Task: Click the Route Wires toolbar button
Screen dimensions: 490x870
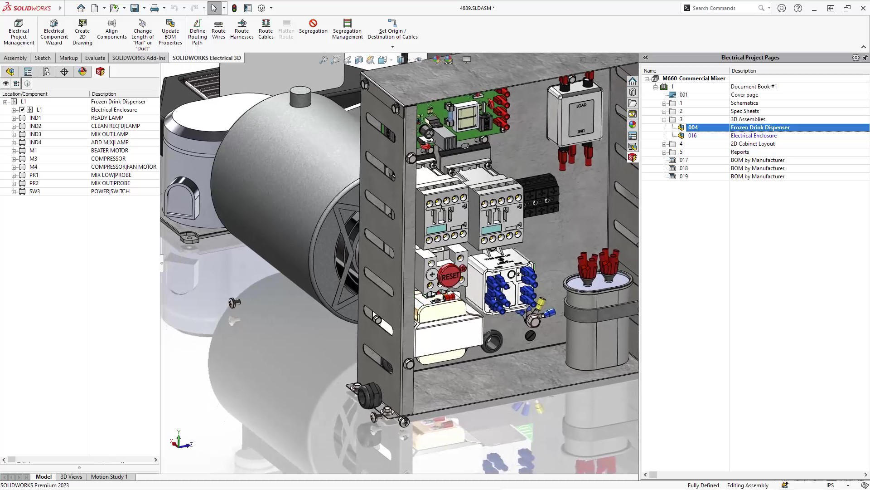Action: point(218,29)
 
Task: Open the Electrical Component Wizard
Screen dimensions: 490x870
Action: point(54,32)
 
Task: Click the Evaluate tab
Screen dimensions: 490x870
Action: point(95,58)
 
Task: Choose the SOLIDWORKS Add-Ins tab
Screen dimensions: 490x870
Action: point(139,58)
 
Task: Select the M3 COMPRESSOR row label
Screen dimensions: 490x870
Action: point(33,159)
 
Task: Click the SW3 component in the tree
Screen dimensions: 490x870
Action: point(34,191)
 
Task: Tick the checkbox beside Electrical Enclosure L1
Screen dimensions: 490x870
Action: point(22,110)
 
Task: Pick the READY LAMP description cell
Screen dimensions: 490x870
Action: point(107,118)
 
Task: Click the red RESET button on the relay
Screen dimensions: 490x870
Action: point(449,276)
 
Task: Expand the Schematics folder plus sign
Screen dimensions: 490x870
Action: point(664,103)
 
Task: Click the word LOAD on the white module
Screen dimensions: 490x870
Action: point(581,105)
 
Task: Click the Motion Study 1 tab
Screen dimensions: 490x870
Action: point(109,477)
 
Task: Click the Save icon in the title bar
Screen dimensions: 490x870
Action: point(135,8)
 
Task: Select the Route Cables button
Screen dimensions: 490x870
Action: point(266,29)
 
